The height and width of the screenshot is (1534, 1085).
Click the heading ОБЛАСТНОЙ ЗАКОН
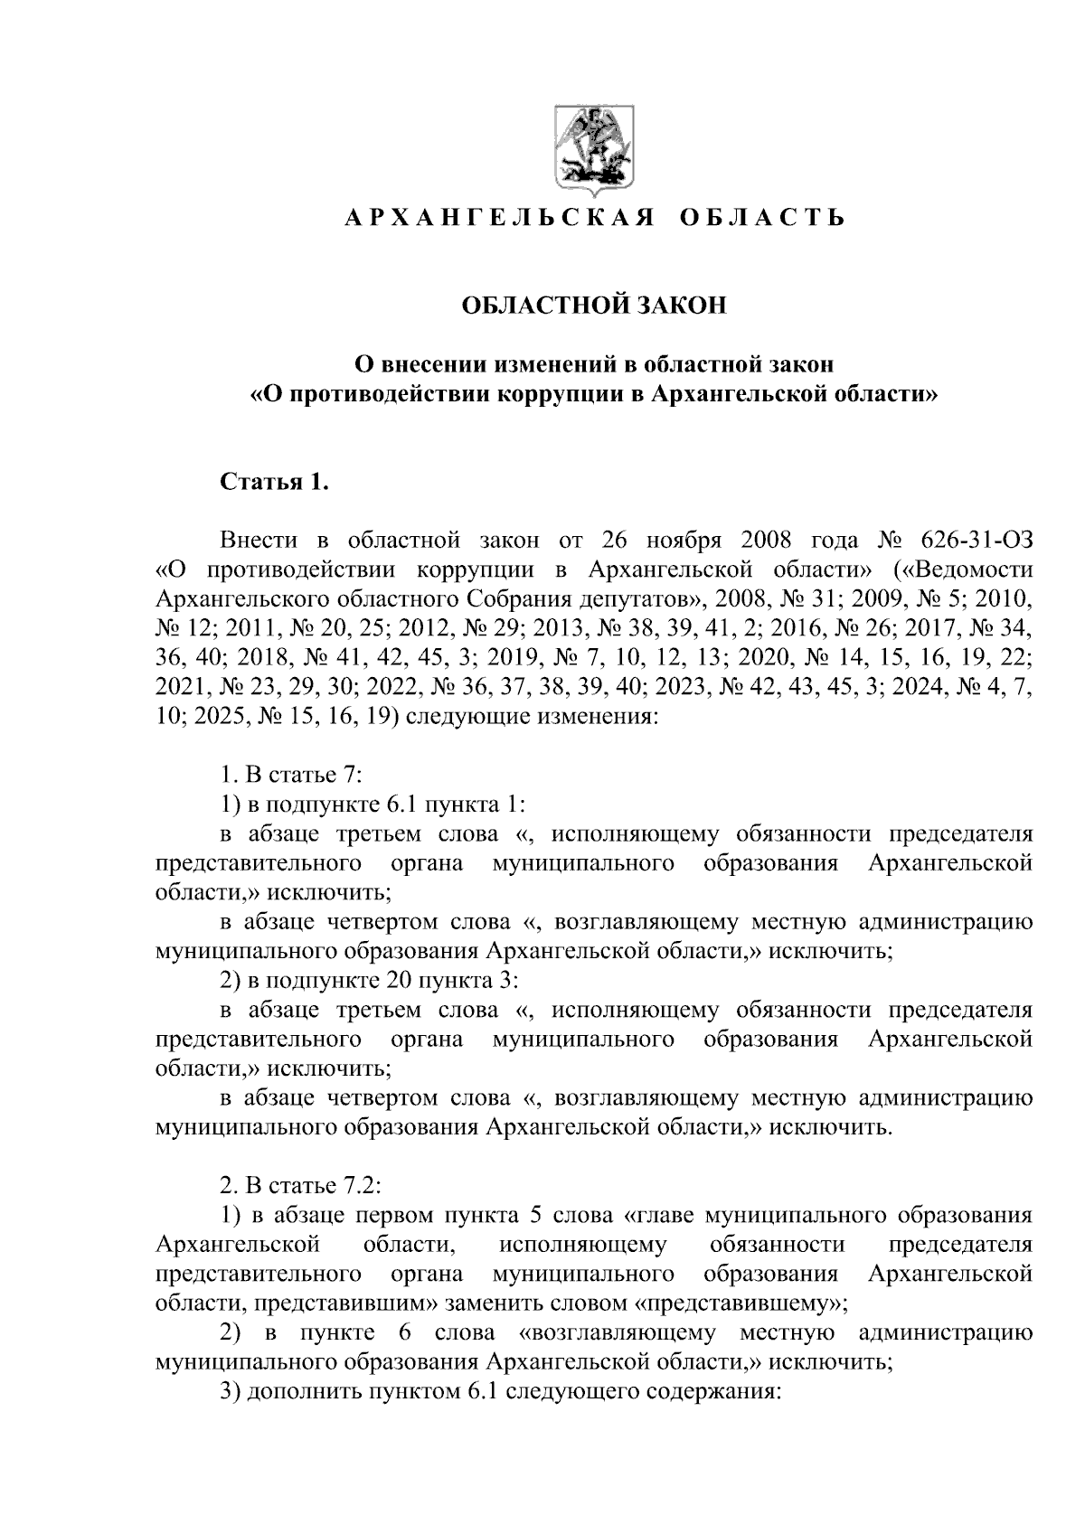[x=594, y=306]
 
